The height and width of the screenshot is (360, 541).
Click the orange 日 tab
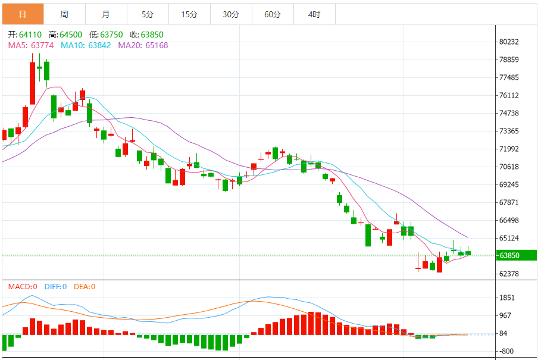23,14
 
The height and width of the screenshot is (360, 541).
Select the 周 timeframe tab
64,14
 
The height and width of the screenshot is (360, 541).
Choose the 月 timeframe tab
106,14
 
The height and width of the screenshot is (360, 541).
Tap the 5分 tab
148,14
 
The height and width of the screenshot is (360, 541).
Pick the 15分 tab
189,14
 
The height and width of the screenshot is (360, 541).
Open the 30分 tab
231,14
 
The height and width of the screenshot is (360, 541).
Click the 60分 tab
273,14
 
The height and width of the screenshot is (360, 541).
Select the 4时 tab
314,14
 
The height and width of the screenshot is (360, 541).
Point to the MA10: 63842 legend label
86,45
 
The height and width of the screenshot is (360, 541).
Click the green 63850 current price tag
517,255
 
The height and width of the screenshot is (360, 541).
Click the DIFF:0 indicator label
55,287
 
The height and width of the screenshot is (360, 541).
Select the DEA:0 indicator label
85,287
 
